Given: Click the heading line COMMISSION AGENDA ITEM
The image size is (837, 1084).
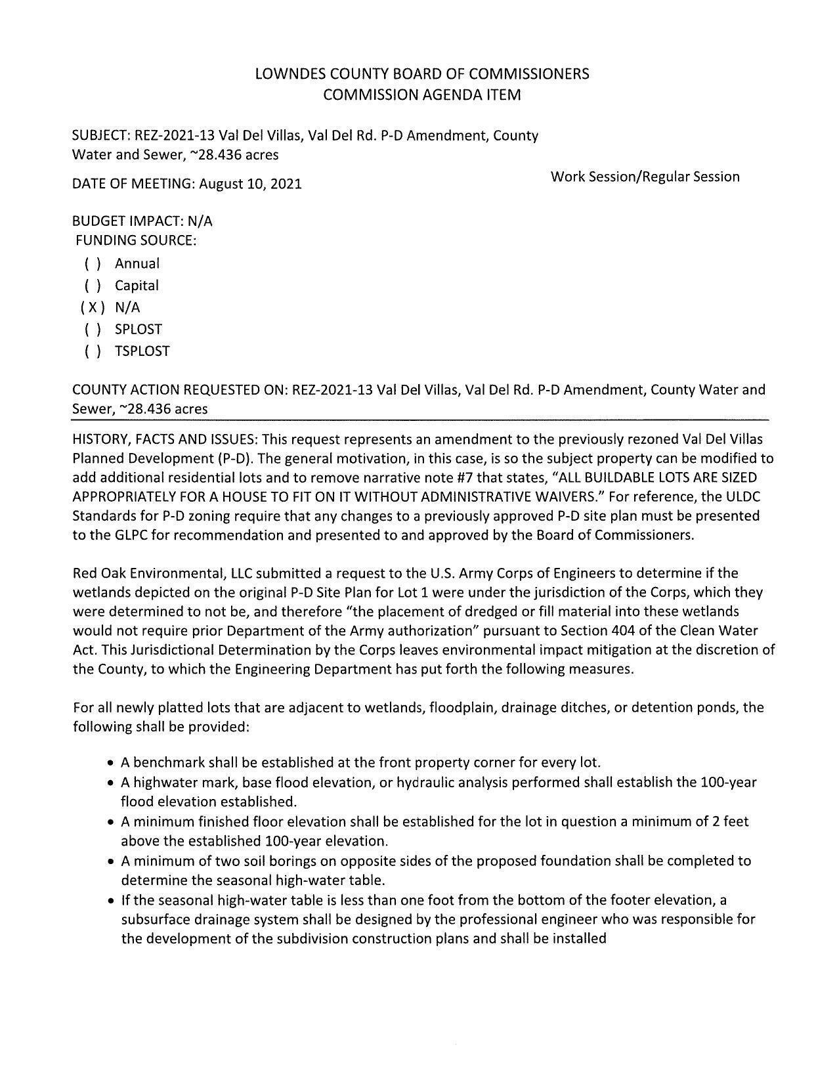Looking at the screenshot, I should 422,95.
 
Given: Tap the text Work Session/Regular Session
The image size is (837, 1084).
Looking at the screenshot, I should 645,177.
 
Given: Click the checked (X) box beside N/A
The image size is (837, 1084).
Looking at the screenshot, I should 92,307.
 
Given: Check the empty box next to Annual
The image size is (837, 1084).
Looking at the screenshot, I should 93,264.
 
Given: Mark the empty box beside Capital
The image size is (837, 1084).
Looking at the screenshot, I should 93,286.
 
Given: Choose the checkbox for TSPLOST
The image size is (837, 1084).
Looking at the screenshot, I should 93,351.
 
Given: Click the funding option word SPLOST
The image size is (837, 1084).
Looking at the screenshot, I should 138,330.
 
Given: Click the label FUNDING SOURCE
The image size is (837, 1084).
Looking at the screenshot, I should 136,240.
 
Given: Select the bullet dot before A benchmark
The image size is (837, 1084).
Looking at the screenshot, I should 111,764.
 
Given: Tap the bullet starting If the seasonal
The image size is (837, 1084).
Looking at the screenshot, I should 111,900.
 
